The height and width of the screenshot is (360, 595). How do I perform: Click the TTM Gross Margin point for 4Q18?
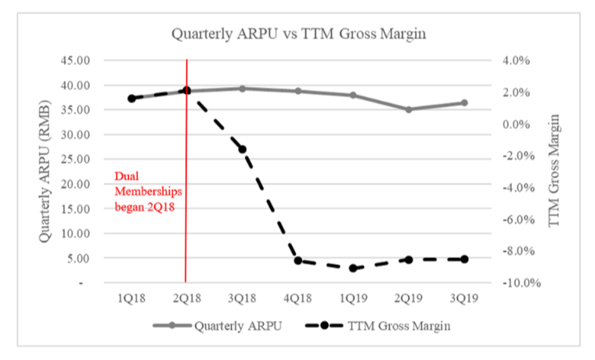tap(298, 260)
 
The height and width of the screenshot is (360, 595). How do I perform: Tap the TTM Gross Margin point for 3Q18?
tap(242, 149)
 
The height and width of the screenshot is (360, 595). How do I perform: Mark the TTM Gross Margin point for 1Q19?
tap(353, 268)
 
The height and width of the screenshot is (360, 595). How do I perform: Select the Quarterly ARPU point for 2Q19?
tap(409, 110)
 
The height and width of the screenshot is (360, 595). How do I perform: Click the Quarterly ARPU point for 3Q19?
tap(464, 103)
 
